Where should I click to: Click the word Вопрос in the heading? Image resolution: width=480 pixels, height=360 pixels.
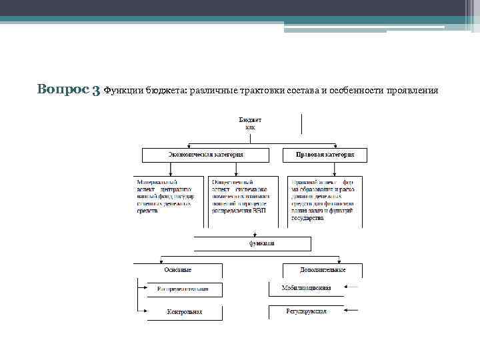64,89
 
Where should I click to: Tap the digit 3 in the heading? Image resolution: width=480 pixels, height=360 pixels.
97,90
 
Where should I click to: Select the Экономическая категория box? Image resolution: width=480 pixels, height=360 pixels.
205,155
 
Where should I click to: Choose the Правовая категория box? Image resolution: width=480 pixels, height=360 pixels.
325,155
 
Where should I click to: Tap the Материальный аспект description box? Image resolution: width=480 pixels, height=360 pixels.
169,196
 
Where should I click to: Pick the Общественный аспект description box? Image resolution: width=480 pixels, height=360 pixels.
243,196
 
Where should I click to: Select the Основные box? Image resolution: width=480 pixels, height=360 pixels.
178,270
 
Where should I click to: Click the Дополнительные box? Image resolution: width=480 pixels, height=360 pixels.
323,270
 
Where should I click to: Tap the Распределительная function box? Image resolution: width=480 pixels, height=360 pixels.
184,289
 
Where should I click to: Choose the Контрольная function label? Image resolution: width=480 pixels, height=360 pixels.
184,311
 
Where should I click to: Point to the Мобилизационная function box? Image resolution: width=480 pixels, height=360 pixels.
307,289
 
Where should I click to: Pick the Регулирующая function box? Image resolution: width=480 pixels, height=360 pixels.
306,311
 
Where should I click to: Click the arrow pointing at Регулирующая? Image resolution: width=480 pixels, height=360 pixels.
353,310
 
